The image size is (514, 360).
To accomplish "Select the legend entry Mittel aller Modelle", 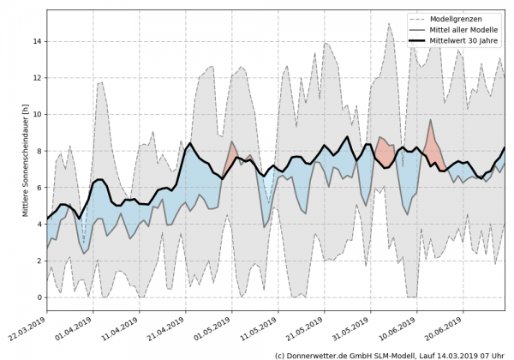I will (463, 28).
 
